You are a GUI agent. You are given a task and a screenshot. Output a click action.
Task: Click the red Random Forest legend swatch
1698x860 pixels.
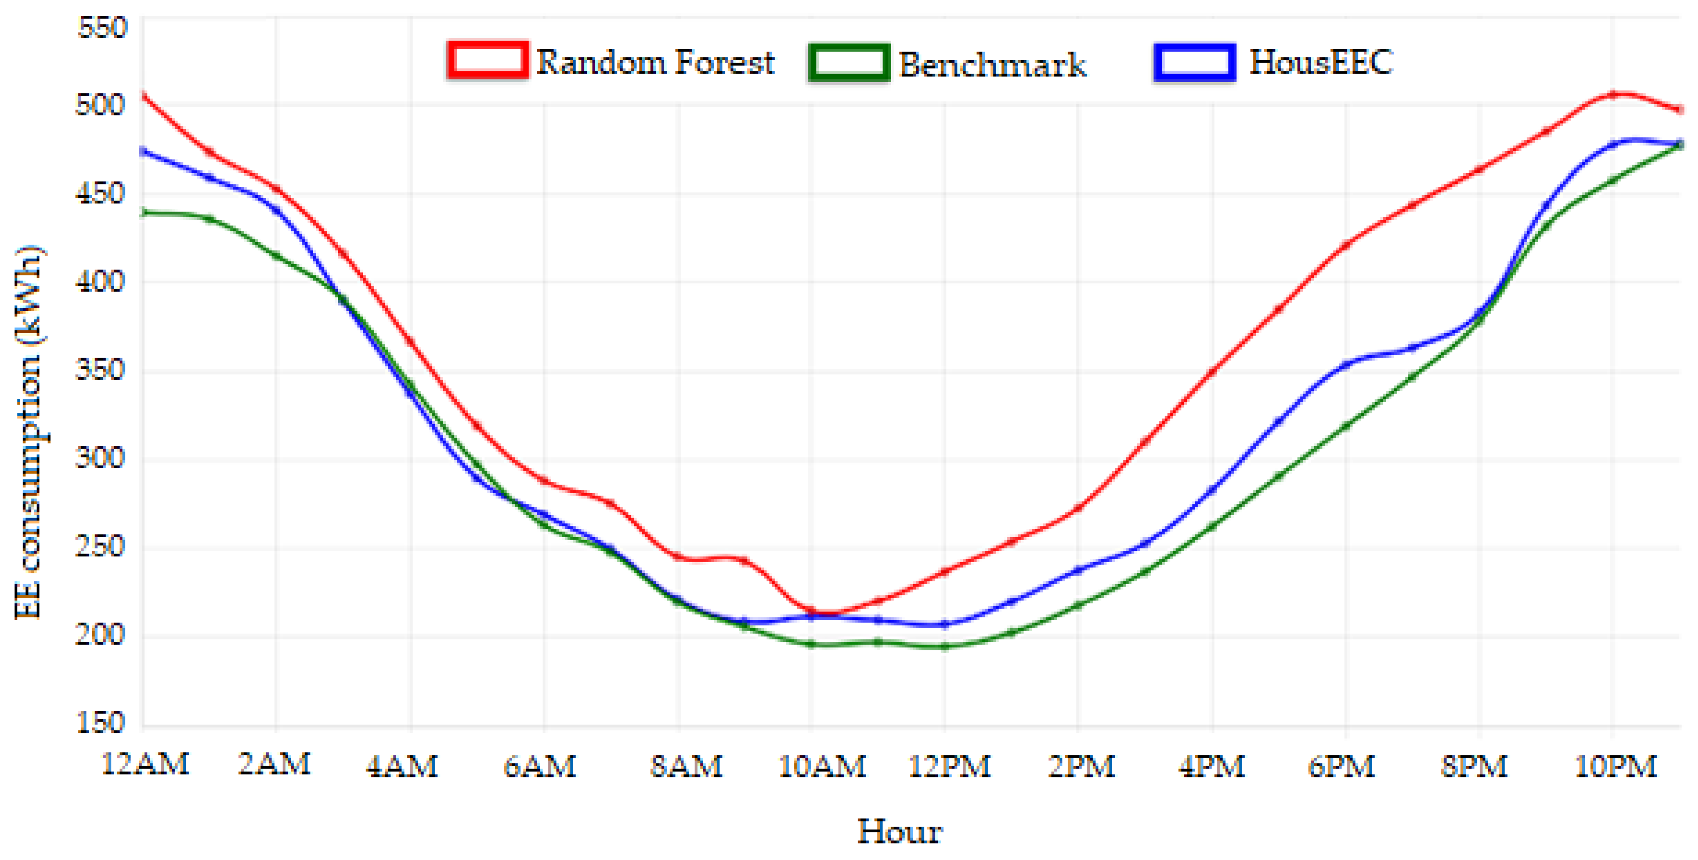(x=487, y=61)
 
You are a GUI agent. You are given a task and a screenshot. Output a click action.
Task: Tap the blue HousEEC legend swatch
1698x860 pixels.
(x=1194, y=62)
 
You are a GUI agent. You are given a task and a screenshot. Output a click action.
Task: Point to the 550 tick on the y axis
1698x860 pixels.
(x=101, y=28)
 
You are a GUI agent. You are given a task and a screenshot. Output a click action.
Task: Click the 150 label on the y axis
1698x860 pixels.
(x=101, y=722)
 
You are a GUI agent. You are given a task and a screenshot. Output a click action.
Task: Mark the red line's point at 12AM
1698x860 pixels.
(x=144, y=97)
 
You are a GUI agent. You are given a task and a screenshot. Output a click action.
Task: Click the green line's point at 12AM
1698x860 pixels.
(x=144, y=212)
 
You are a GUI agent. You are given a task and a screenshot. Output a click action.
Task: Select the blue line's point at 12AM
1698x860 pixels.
(x=144, y=152)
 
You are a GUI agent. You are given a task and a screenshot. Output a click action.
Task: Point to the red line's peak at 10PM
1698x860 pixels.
(x=1613, y=94)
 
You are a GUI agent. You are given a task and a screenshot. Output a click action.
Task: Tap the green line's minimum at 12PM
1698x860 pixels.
(x=945, y=647)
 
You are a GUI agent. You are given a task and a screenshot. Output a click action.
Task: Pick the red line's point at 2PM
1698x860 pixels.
(x=1078, y=508)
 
